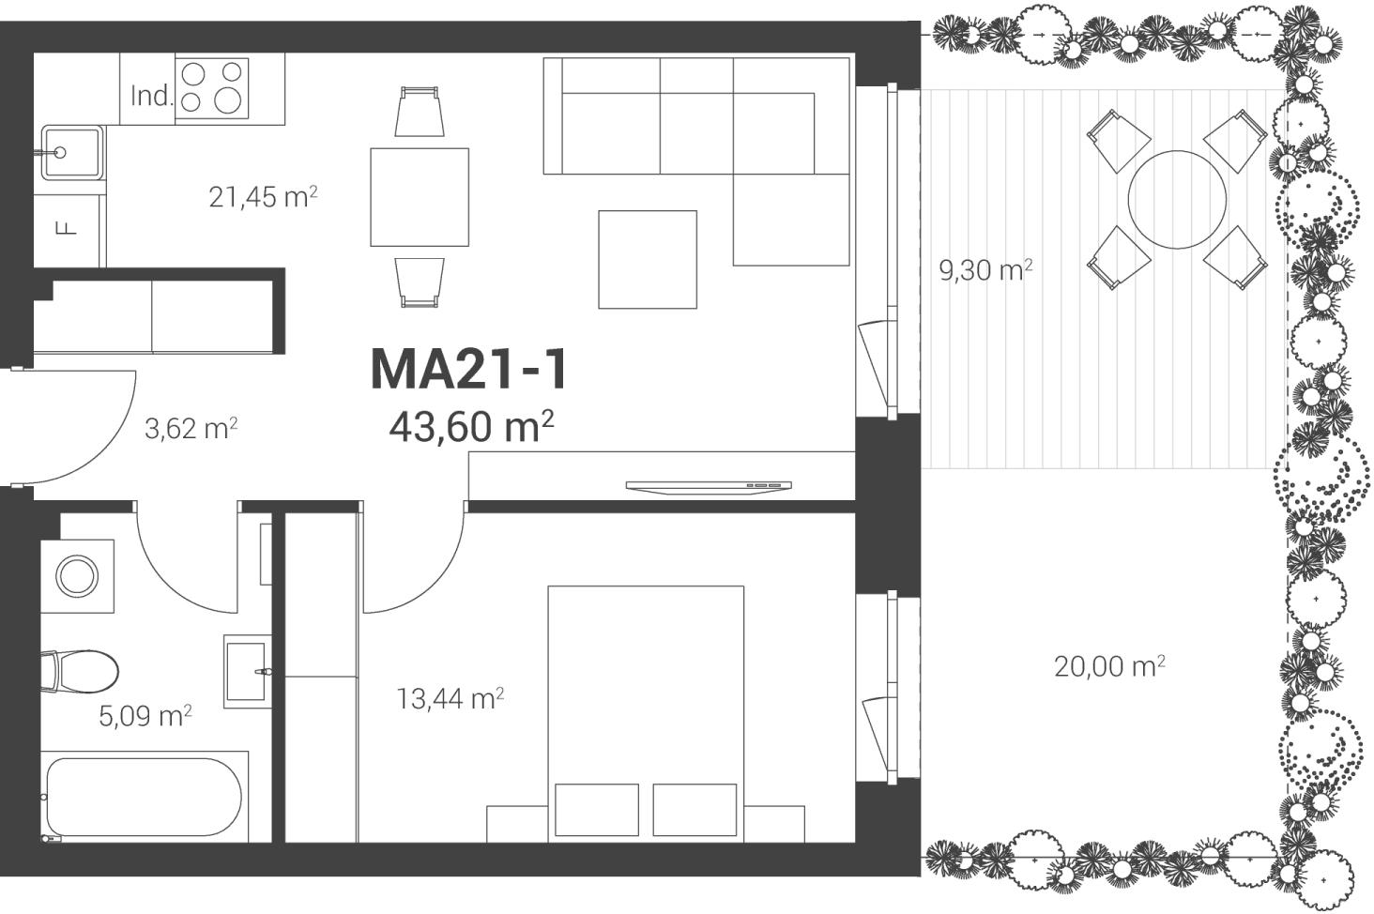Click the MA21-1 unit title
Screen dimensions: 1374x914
tap(469, 370)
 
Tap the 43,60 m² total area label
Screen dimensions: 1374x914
tap(471, 426)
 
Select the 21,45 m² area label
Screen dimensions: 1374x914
tap(263, 197)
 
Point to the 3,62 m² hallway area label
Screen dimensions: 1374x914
tap(191, 428)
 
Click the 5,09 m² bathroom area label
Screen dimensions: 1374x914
tap(145, 716)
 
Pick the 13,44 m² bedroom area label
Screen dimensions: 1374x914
tap(450, 699)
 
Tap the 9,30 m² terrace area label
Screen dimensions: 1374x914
tap(985, 270)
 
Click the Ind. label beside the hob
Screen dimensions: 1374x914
tap(151, 96)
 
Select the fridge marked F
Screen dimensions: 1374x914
tap(69, 230)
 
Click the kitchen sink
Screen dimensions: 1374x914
tap(72, 153)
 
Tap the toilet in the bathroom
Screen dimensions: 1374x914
tap(80, 672)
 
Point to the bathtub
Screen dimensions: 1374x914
tap(145, 797)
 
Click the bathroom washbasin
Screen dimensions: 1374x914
tap(248, 672)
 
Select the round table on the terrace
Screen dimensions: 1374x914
tap(1177, 200)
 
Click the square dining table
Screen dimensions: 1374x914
tap(420, 197)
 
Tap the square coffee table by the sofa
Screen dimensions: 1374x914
tap(648, 260)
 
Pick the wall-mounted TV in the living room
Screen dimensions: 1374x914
tap(709, 486)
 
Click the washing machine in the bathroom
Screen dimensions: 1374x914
tap(77, 576)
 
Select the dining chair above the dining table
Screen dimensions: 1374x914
tap(420, 111)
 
